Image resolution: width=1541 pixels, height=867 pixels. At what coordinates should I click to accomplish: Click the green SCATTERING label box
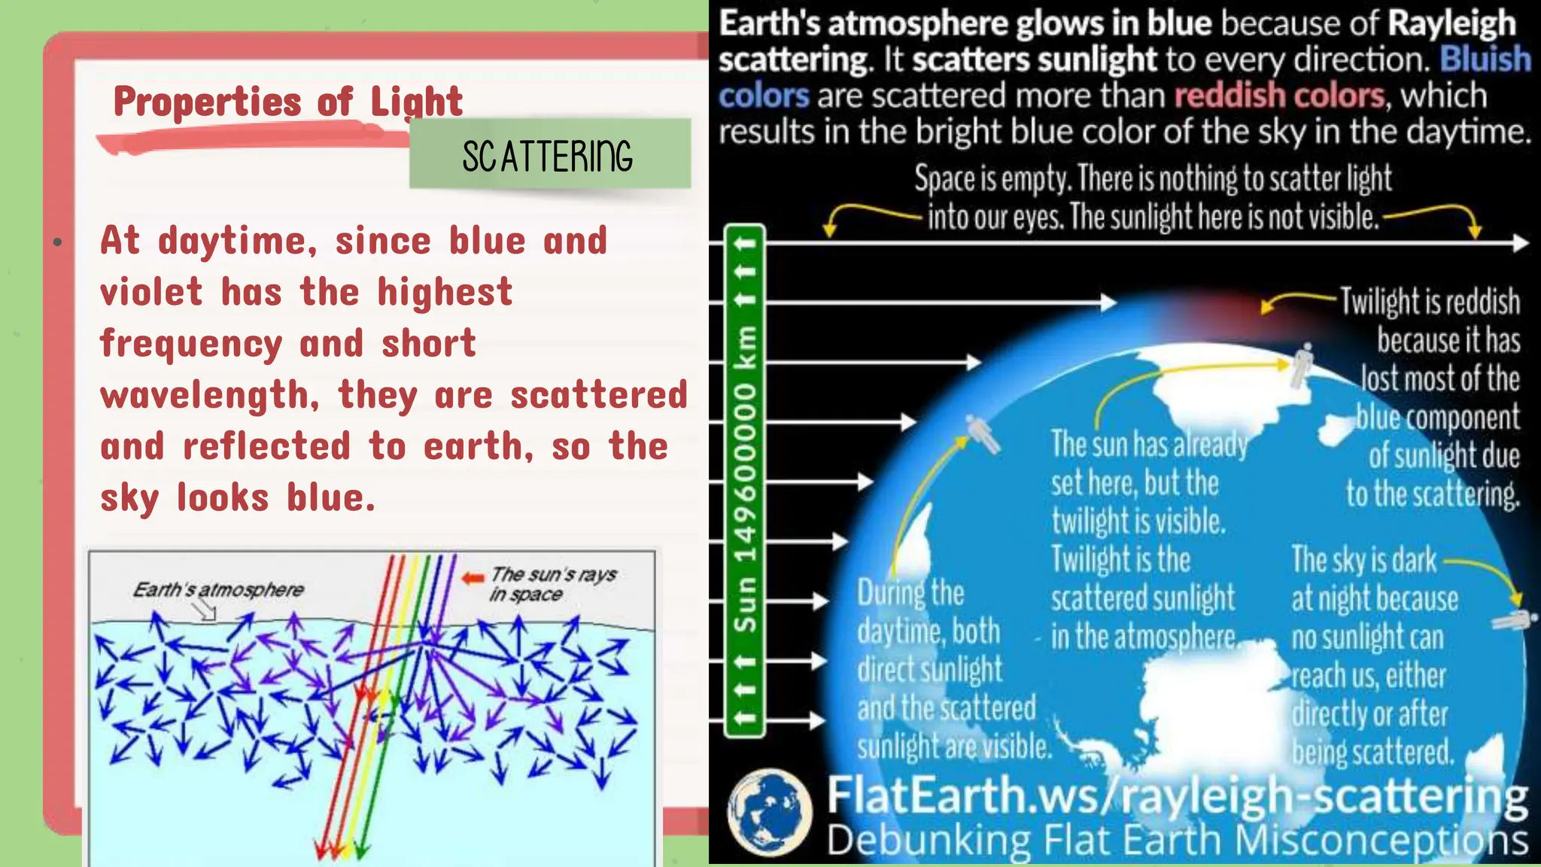click(x=549, y=154)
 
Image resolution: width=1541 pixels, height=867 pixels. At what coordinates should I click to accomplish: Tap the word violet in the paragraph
click(x=151, y=292)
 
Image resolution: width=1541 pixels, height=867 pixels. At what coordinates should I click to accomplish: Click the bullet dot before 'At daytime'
click(x=57, y=242)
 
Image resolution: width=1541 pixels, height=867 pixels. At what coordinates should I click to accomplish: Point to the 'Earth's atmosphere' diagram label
click(x=218, y=589)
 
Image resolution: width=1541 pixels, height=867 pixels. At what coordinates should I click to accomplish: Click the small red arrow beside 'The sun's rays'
click(x=473, y=578)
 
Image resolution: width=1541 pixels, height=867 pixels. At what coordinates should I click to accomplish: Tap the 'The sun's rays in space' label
click(x=553, y=584)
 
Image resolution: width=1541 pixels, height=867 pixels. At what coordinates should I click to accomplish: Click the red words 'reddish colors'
click(x=1279, y=96)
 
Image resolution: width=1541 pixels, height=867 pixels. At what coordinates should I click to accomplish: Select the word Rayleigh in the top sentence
click(x=1451, y=23)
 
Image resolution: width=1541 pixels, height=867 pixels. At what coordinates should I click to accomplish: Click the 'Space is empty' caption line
click(x=1153, y=179)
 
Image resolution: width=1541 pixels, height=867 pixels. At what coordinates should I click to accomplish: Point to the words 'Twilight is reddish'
click(x=1430, y=302)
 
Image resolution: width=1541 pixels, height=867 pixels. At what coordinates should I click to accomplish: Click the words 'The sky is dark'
click(x=1363, y=561)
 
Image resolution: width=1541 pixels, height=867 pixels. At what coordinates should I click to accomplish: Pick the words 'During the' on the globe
click(x=910, y=593)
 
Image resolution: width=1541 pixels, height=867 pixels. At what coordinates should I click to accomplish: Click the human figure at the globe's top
click(x=1303, y=365)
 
